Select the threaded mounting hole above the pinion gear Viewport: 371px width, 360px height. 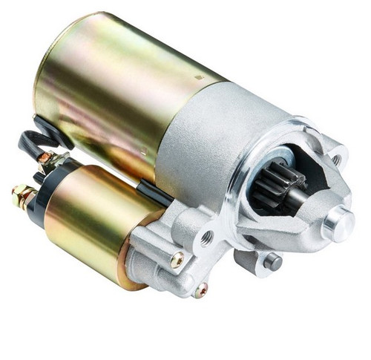tap(335, 157)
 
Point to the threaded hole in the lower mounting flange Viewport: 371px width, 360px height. tap(207, 238)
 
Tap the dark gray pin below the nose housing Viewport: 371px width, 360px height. tap(273, 261)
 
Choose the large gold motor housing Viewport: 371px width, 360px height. tap(111, 89)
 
